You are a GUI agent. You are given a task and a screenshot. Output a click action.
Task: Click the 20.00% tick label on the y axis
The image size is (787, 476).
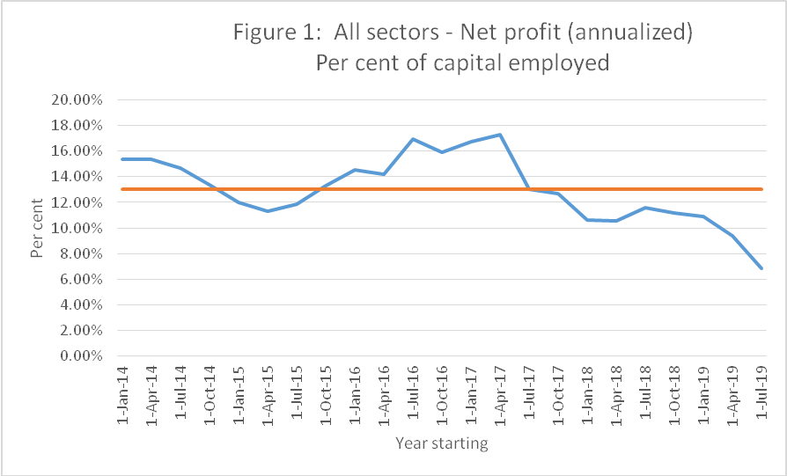[x=77, y=99]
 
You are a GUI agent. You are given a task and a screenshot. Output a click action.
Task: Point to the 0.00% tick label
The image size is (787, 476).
[x=81, y=356]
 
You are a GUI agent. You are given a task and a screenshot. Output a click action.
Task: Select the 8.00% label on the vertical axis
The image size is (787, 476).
[x=81, y=253]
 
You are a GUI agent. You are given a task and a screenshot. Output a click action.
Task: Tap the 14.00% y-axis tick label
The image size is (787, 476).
[x=77, y=177]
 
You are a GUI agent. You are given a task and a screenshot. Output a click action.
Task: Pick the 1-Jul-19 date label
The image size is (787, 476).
[x=761, y=395]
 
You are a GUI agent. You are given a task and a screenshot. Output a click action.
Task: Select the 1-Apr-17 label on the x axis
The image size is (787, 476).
[x=499, y=395]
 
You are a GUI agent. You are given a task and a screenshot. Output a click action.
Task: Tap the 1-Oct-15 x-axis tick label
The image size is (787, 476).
[x=326, y=395]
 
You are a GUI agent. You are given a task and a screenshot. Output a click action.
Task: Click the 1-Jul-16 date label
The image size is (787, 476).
[x=413, y=395]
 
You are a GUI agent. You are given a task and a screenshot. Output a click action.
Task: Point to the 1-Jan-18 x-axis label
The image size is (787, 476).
[x=586, y=395]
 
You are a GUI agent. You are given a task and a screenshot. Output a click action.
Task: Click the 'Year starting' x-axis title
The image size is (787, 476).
[x=441, y=443]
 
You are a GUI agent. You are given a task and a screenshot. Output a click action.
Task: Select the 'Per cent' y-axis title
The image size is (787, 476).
[x=37, y=228]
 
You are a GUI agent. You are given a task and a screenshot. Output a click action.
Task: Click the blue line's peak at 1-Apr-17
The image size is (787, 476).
[x=500, y=135]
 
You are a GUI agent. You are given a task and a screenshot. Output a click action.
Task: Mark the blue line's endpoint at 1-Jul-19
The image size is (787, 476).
[x=761, y=268]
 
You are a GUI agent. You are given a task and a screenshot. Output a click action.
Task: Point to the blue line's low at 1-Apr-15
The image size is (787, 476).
[x=268, y=211]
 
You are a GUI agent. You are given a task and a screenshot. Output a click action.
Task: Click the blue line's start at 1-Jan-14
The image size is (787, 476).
[x=122, y=159]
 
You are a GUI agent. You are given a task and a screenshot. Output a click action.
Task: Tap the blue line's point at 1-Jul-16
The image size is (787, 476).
[x=413, y=139]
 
